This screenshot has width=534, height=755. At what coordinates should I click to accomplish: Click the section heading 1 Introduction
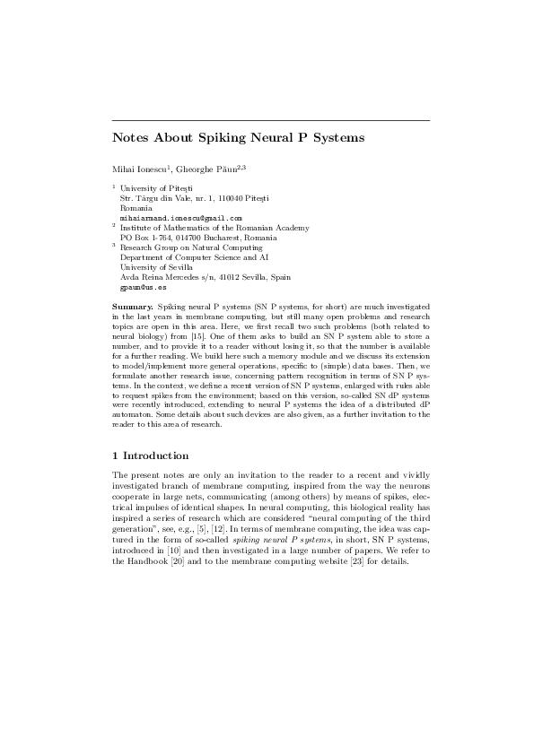150,456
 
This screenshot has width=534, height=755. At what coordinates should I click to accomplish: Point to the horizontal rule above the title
270,120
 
